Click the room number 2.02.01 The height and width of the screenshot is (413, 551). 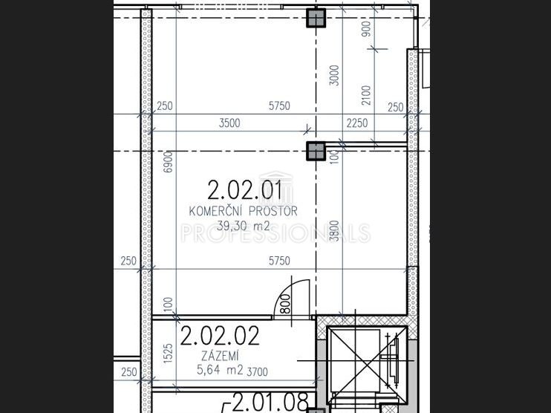244,190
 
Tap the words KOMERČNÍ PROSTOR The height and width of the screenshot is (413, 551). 243,211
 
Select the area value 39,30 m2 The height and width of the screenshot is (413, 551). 243,225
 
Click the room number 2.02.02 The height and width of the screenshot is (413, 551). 220,336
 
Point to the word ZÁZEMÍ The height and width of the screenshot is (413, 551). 220,356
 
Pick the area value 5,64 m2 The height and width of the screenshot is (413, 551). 220,370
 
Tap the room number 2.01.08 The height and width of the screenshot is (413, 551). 270,402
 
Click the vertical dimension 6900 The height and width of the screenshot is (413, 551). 169,162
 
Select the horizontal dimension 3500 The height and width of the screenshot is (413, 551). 229,123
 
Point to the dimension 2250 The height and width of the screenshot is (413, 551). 357,123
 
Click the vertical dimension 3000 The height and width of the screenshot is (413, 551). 335,75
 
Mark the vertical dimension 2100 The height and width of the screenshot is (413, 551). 366,95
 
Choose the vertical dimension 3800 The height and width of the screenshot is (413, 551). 335,231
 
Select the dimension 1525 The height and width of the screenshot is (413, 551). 169,354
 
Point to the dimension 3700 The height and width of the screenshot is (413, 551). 257,372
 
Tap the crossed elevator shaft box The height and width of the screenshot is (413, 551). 367,365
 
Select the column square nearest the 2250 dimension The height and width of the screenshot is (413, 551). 316,151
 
